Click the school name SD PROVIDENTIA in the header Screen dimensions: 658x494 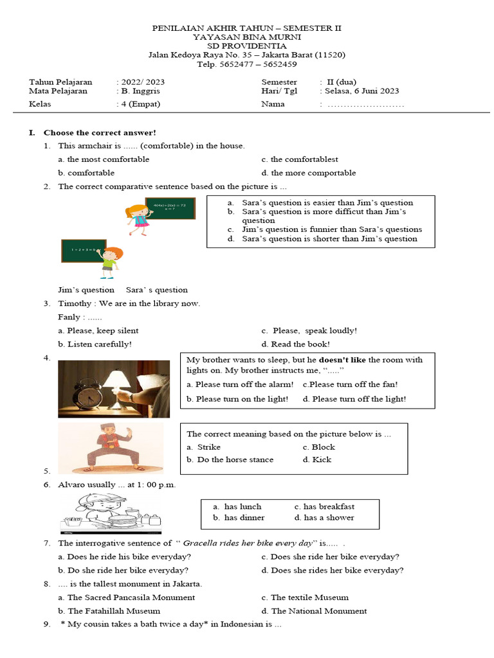click(247, 46)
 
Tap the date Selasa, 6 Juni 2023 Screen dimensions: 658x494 click(360, 91)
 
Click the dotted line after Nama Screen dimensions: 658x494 click(366, 104)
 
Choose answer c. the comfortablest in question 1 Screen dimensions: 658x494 click(300, 159)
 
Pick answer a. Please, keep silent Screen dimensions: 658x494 click(98, 330)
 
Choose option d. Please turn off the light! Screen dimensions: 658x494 click(354, 399)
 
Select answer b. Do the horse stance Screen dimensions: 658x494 click(230, 459)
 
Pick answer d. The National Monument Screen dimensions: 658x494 click(315, 611)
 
